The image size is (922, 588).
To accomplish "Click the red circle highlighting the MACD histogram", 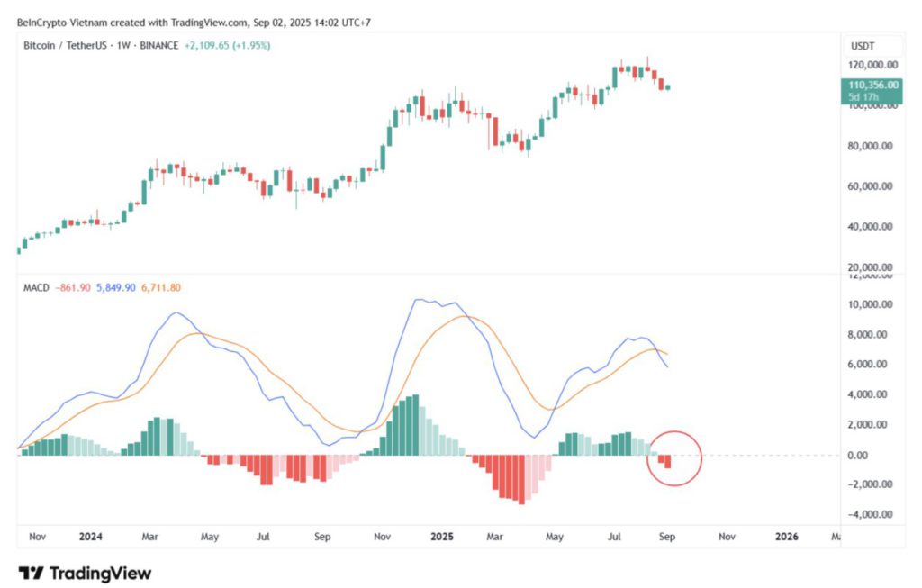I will pyautogui.click(x=673, y=457).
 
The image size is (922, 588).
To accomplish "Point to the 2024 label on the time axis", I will pyautogui.click(x=90, y=537).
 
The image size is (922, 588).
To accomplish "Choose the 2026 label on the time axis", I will pyautogui.click(x=786, y=537).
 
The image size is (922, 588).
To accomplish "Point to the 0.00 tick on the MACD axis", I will pyautogui.click(x=879, y=455).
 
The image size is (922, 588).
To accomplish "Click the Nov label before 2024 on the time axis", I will pyautogui.click(x=37, y=537).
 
